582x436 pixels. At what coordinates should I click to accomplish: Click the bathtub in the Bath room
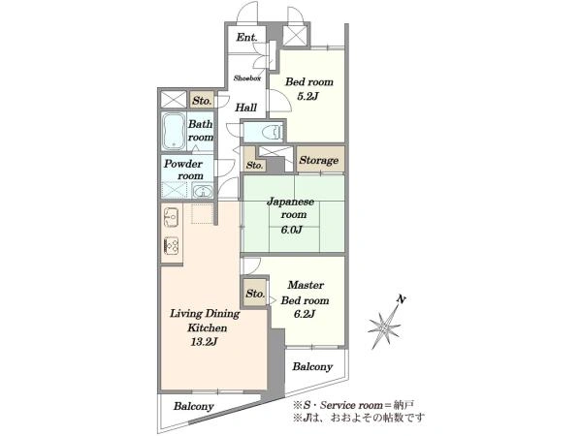[x=174, y=131]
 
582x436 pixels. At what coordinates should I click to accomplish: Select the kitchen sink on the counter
[x=172, y=217]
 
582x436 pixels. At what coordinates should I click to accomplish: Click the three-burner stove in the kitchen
[x=172, y=245]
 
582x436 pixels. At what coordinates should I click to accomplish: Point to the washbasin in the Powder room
[x=203, y=192]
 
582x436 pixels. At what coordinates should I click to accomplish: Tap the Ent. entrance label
[x=246, y=37]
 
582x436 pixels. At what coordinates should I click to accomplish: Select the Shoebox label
[x=246, y=78]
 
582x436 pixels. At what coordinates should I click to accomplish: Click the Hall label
[x=245, y=108]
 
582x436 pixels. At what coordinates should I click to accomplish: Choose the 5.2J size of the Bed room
[x=307, y=96]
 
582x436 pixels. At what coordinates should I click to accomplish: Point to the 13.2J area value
[x=204, y=342]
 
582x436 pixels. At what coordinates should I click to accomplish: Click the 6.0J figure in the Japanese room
[x=291, y=230]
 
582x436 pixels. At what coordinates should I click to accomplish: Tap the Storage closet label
[x=319, y=160]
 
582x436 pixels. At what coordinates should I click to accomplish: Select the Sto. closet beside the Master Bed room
[x=255, y=294]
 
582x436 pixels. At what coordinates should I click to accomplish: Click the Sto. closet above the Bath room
[x=202, y=101]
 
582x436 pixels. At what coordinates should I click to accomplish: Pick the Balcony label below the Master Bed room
[x=312, y=366]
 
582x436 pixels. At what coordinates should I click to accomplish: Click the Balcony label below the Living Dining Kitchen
[x=193, y=406]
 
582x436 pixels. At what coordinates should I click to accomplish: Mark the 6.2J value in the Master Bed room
[x=305, y=314]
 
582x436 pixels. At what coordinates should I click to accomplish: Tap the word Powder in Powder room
[x=183, y=164]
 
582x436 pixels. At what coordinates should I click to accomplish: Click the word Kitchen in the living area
[x=208, y=327]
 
